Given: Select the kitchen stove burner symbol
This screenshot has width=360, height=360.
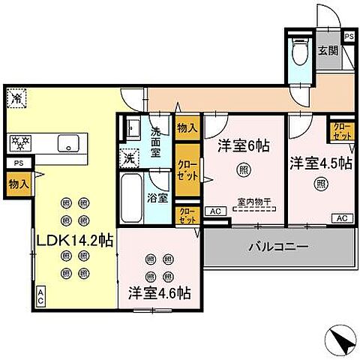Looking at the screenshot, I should click(x=20, y=142).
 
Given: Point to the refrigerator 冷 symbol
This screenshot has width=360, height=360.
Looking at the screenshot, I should click(x=16, y=97).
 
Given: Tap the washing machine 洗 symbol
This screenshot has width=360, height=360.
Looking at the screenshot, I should click(x=128, y=158).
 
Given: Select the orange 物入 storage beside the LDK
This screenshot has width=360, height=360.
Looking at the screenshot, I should click(x=19, y=183).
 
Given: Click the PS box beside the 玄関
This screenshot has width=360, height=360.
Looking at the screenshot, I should click(x=349, y=36).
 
